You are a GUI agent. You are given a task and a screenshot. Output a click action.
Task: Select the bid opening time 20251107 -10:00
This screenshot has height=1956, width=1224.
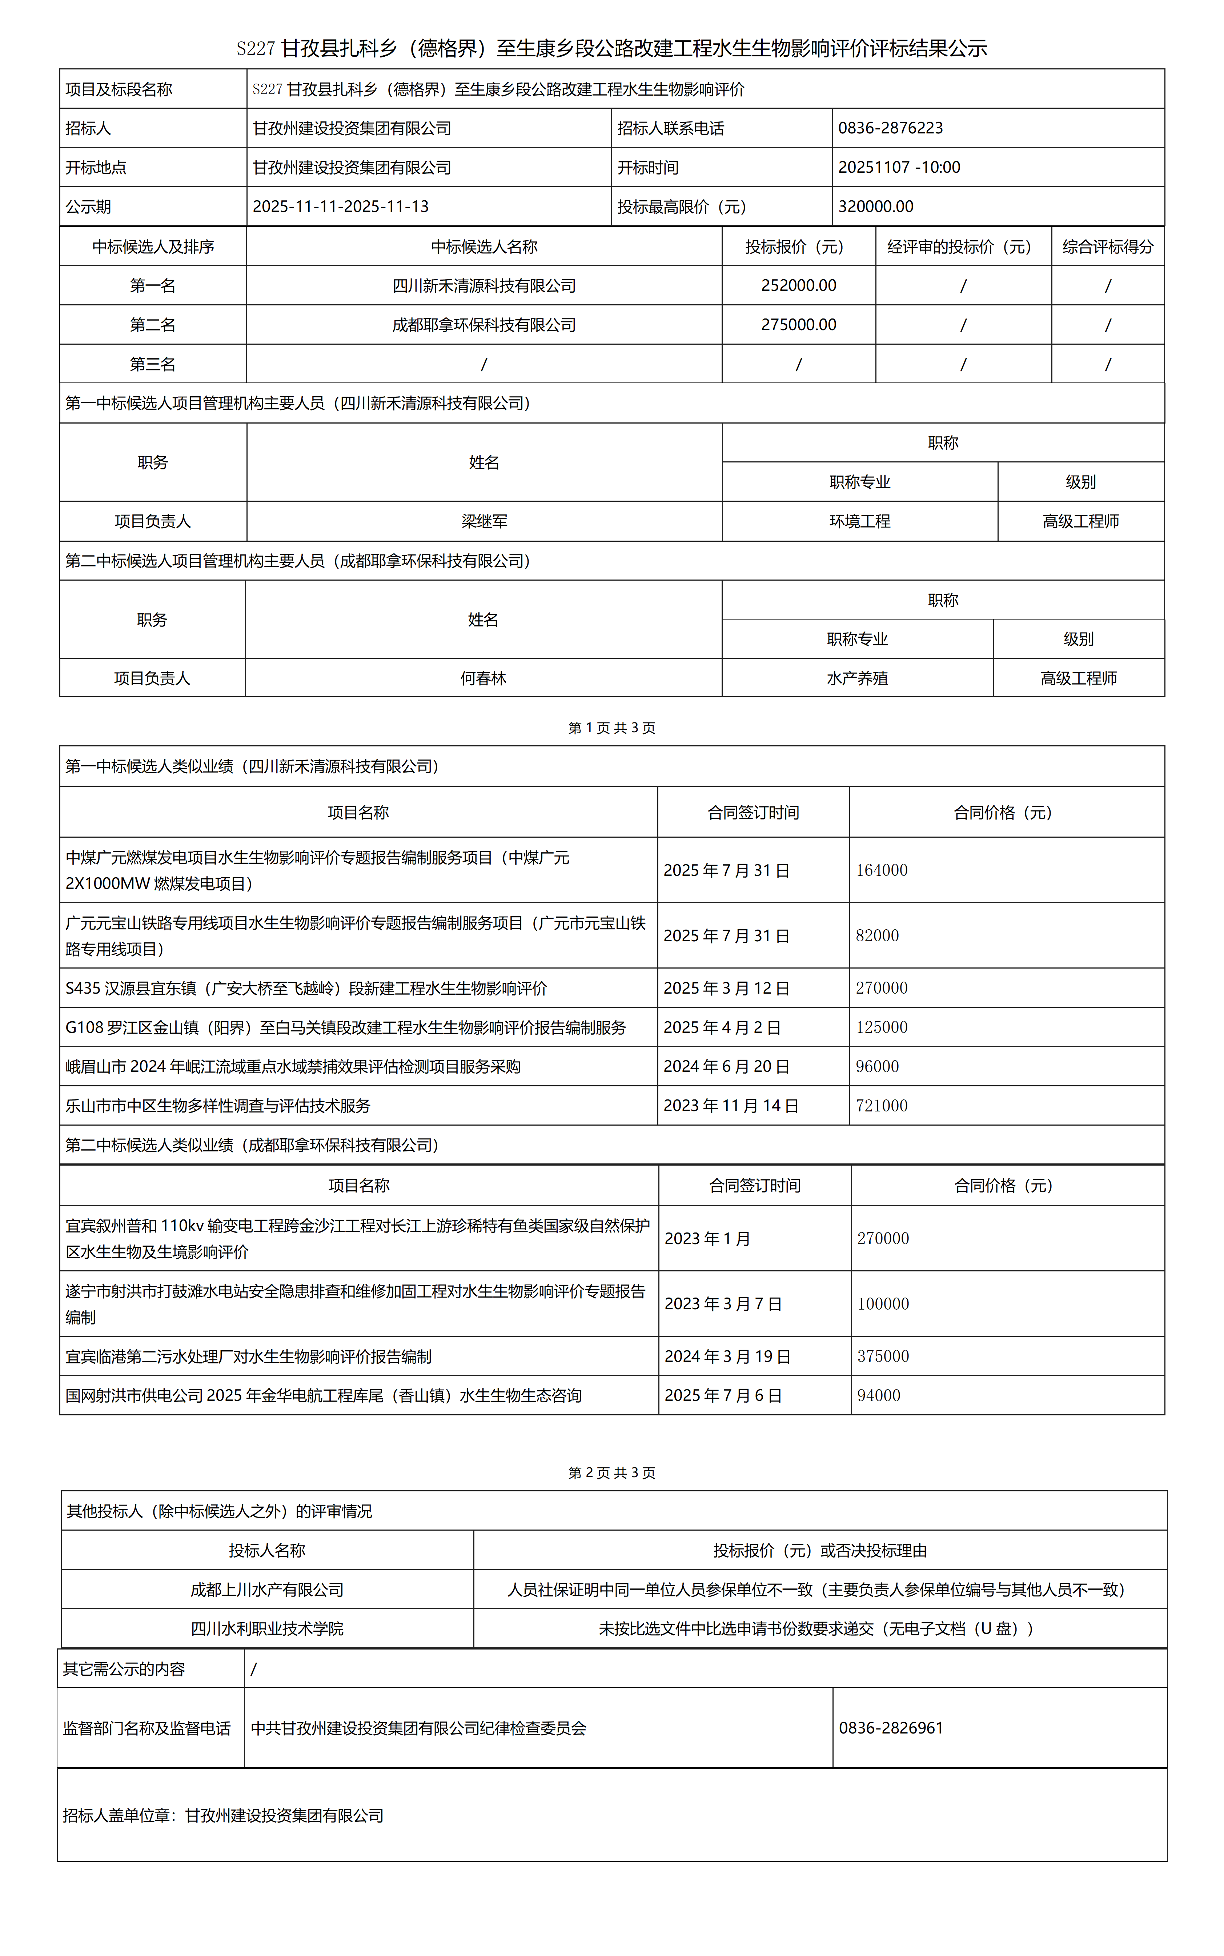899,168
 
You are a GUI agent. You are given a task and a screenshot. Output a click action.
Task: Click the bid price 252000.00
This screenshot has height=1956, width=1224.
798,286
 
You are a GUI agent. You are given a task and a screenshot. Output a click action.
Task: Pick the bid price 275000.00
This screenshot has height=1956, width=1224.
798,325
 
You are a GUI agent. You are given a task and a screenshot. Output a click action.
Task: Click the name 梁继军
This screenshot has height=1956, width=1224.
484,521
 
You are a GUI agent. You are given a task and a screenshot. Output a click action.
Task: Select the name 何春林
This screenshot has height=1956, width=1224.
483,678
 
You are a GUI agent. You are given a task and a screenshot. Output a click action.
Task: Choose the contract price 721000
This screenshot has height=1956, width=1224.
882,1106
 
